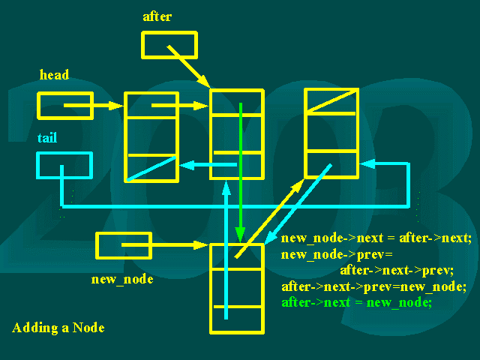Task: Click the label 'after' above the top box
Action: [x=157, y=16]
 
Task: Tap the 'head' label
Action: [x=54, y=75]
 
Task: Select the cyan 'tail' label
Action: [x=47, y=138]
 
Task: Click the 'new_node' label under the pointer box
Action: [x=122, y=279]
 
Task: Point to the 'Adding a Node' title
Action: [x=58, y=328]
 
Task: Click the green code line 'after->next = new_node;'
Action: [x=357, y=302]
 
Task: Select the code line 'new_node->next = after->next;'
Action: [x=376, y=238]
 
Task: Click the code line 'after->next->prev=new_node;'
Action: [x=373, y=286]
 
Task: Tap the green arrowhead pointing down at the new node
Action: [x=240, y=235]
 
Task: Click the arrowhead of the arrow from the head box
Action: [x=116, y=106]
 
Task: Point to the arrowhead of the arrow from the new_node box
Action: [x=202, y=245]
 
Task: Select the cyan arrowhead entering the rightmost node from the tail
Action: [x=367, y=163]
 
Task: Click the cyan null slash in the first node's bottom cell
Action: [x=151, y=169]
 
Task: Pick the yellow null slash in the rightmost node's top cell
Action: [x=332, y=100]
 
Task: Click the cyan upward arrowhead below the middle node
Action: [x=226, y=187]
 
